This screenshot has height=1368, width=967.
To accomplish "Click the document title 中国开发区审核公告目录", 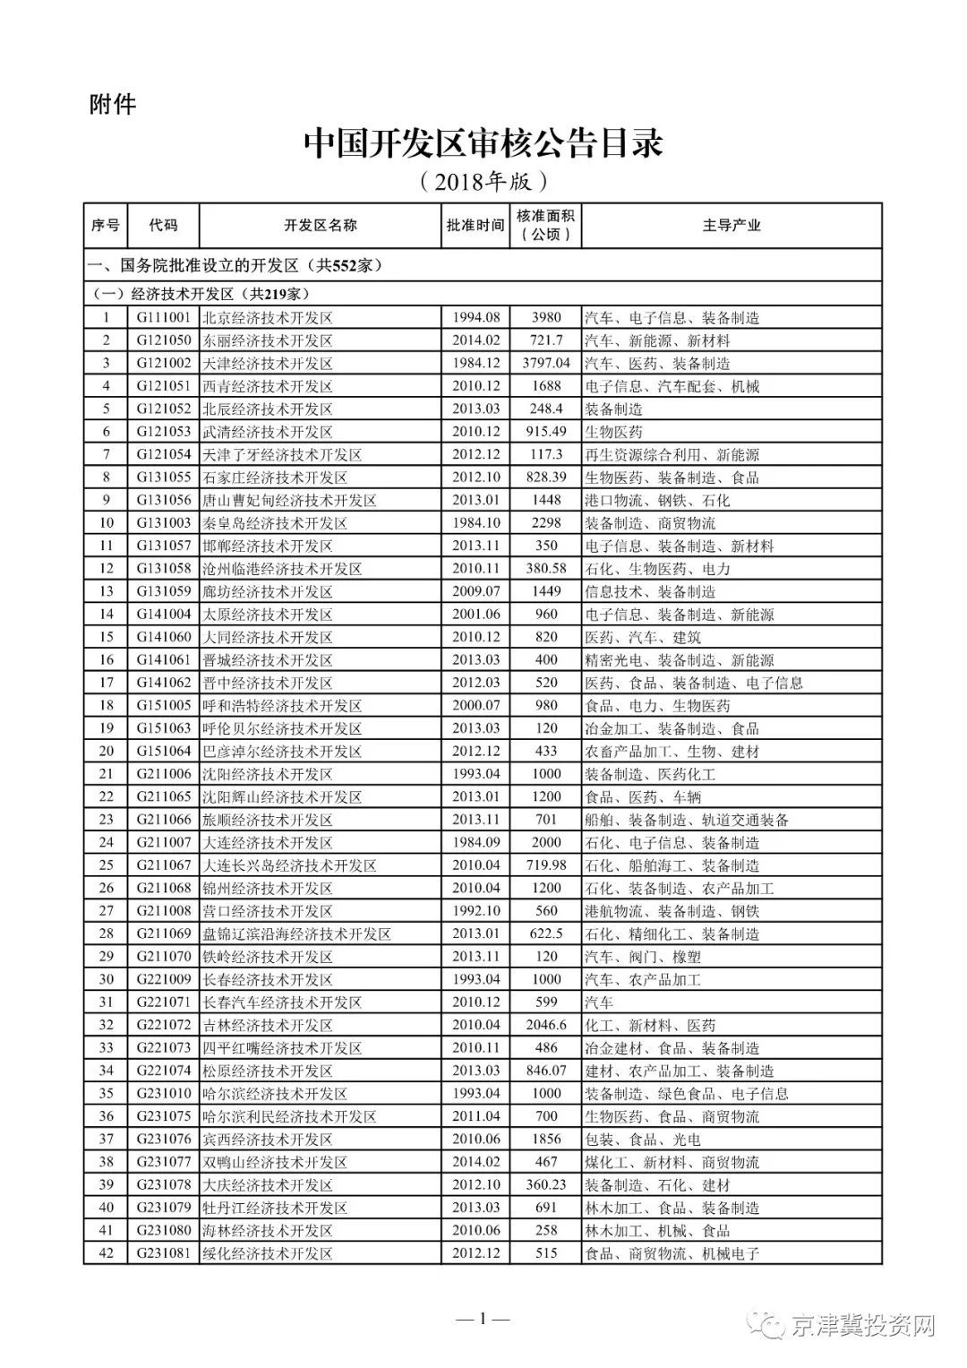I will (x=483, y=143).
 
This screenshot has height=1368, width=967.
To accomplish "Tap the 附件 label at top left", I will (x=113, y=104).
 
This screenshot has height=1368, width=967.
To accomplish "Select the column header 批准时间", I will (x=475, y=226).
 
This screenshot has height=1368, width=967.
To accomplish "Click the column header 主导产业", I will (x=731, y=226).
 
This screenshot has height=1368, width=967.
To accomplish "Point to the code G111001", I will (x=164, y=318).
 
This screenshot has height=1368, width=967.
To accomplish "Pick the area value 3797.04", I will (x=545, y=364).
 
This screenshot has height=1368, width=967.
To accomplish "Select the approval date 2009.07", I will (x=475, y=591).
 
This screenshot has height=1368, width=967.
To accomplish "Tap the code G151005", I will (x=164, y=706).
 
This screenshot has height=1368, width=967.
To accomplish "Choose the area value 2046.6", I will (x=545, y=1025).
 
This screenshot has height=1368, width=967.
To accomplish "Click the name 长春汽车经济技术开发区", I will (x=281, y=1002).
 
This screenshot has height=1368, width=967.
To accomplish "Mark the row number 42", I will (x=106, y=1253).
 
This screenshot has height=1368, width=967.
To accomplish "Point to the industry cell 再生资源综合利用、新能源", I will (x=672, y=455).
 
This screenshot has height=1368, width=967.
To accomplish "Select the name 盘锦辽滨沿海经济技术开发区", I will (x=296, y=934).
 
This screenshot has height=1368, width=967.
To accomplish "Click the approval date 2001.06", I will (x=475, y=615).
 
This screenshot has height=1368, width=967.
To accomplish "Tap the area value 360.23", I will (x=545, y=1184).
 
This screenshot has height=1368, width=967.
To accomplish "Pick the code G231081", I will (x=164, y=1253).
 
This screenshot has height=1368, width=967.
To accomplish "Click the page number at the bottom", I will (x=483, y=1319).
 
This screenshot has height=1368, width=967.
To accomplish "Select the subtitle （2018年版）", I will (x=483, y=183).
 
